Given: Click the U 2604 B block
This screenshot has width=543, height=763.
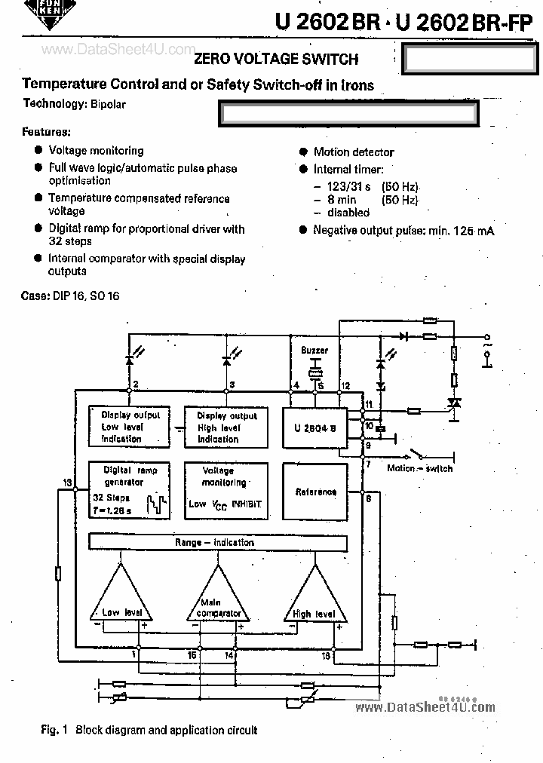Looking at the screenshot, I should click(314, 428).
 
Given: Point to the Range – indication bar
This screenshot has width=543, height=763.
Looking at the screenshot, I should click(217, 542).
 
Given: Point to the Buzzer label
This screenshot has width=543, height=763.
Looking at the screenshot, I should click(314, 351).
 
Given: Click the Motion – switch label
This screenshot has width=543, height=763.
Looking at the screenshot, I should click(419, 468).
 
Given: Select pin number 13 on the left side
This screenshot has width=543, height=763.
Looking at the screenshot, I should click(67, 483).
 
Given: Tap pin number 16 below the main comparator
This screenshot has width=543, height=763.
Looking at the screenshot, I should click(193, 655).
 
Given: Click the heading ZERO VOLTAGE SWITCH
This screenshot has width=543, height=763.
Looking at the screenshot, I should click(276, 59).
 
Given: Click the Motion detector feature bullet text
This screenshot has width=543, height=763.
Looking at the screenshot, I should click(353, 152).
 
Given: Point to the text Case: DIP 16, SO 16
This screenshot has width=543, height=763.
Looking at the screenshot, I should click(70, 296).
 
